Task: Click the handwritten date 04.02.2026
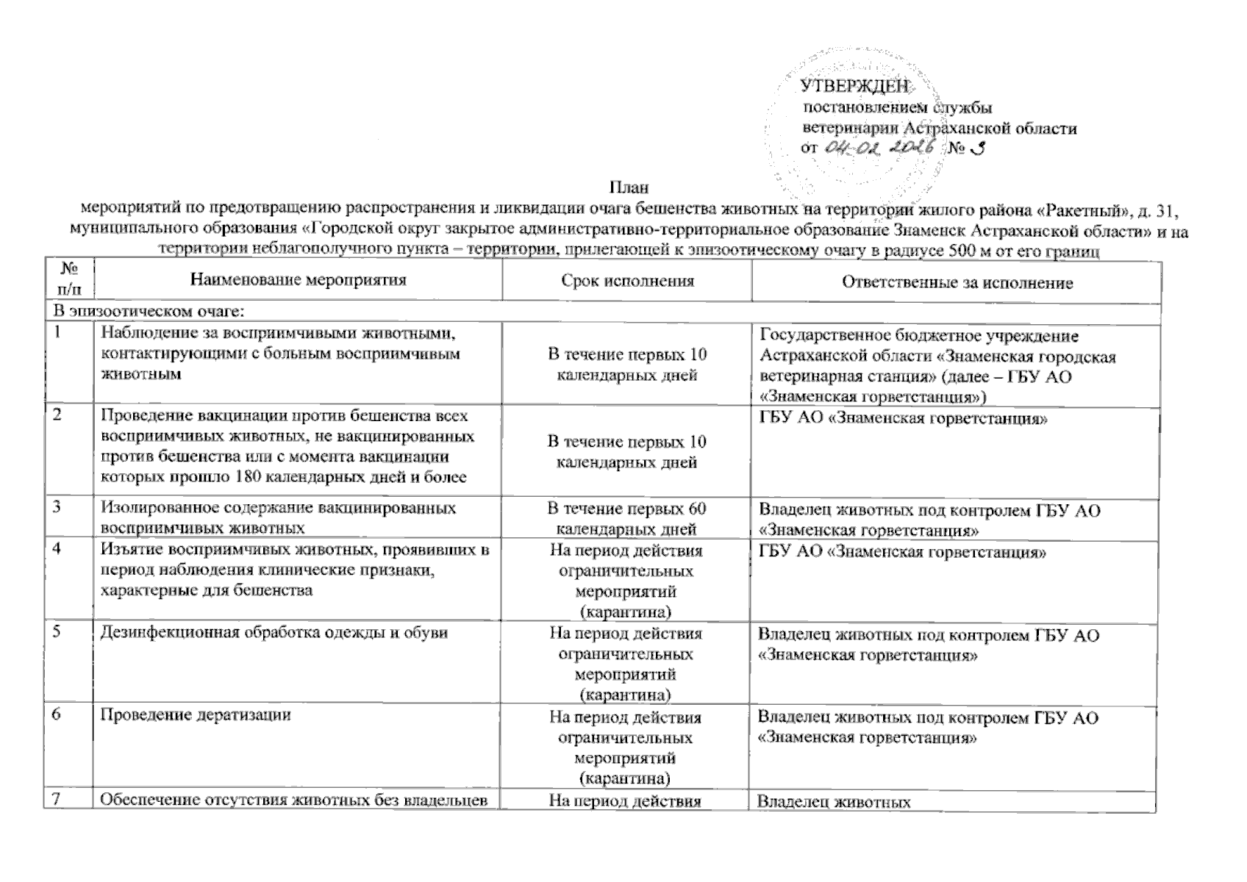[x=881, y=147]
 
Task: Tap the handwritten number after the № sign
[x=977, y=148]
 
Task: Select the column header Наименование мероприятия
[x=298, y=280]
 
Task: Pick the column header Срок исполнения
[x=627, y=281]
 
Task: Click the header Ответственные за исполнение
[x=957, y=282]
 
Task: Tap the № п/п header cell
[x=68, y=281]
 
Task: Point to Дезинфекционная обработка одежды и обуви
[x=274, y=632]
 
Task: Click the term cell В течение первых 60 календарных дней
[x=627, y=518]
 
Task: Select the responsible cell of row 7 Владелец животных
[x=834, y=803]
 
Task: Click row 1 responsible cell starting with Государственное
[x=937, y=366]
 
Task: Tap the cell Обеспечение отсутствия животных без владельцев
[x=294, y=801]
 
